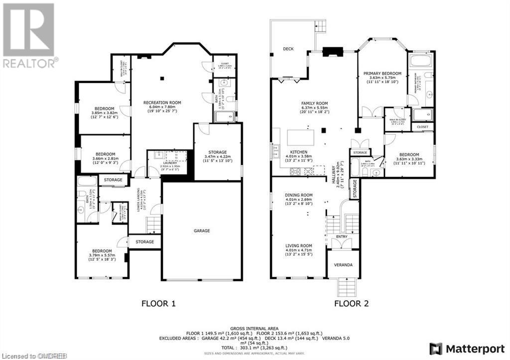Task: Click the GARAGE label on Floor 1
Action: [202, 231]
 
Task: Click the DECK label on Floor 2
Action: [288, 49]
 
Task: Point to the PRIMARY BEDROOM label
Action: [382, 74]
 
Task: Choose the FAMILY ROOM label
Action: [314, 103]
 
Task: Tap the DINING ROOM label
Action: [299, 195]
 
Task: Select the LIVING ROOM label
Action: [299, 245]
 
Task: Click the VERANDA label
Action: [343, 265]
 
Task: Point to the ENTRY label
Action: [342, 237]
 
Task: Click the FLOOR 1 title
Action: [158, 303]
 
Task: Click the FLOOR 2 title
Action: [351, 303]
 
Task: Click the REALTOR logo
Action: [29, 35]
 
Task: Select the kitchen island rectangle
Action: [300, 136]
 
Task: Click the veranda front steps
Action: [343, 287]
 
